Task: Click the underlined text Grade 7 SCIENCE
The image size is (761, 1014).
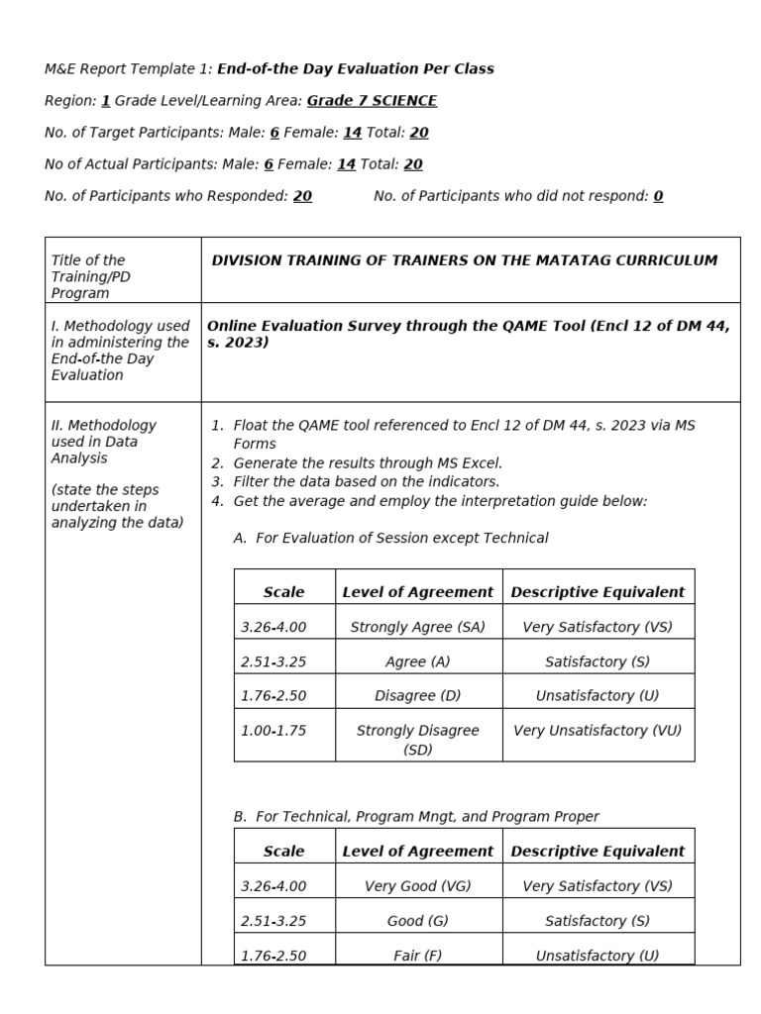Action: click(x=372, y=101)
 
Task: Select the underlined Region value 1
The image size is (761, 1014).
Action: click(x=105, y=101)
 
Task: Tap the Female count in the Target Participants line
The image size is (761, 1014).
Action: click(x=352, y=133)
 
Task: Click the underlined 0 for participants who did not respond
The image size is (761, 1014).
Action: click(x=658, y=196)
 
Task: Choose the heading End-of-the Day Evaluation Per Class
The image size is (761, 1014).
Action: click(x=355, y=68)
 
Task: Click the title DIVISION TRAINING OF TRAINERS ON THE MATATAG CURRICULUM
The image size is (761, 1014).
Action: click(x=465, y=260)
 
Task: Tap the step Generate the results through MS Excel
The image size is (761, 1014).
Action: click(x=368, y=462)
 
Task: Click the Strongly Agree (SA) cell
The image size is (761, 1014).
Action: click(x=418, y=627)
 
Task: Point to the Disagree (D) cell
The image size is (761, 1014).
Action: click(x=418, y=695)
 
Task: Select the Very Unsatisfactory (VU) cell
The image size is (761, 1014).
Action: click(x=598, y=731)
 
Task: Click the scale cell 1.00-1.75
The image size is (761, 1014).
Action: click(x=273, y=731)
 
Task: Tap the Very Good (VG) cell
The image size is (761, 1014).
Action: click(x=418, y=886)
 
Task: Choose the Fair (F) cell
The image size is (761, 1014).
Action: click(x=418, y=956)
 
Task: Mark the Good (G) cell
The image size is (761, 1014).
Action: click(x=418, y=921)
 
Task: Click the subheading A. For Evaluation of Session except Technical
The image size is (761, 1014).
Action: click(x=390, y=538)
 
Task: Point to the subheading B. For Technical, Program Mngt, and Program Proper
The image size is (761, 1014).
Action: click(x=416, y=817)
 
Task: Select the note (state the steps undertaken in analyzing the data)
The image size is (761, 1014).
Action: click(x=117, y=506)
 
